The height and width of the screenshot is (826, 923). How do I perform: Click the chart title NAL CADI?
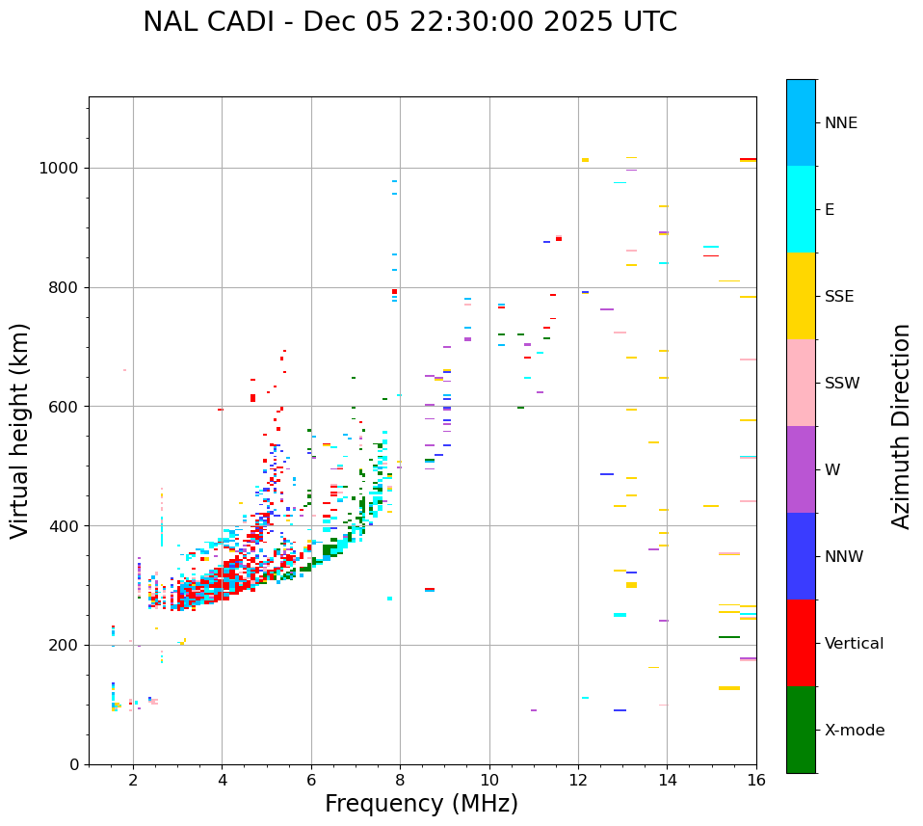tap(409, 22)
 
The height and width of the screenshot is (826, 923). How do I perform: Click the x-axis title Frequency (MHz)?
tap(421, 804)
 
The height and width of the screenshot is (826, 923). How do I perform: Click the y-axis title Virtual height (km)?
tap(20, 430)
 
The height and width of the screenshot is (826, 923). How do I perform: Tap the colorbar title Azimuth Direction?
tap(901, 425)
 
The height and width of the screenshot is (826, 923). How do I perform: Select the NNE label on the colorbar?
tap(840, 123)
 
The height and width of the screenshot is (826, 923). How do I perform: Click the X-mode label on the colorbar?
tap(854, 731)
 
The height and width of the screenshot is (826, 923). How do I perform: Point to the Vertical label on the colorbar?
tap(854, 644)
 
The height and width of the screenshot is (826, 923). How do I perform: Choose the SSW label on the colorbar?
tap(841, 384)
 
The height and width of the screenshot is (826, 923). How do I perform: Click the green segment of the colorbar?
tap(801, 730)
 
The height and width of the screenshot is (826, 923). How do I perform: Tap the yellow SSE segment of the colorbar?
tap(801, 296)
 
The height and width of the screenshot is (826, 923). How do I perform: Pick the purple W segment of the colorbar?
tap(801, 469)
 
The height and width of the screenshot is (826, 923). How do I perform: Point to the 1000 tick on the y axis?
tap(62, 168)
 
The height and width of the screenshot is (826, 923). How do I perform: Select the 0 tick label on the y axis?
tap(75, 764)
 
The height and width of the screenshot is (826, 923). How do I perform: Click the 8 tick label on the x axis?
tap(400, 780)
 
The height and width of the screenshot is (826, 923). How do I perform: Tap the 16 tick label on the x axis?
tap(756, 780)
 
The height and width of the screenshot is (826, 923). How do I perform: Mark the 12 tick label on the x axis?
tap(578, 780)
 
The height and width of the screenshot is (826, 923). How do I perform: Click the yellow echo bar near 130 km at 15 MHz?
tap(729, 688)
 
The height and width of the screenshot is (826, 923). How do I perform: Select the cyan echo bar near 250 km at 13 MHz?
tap(620, 615)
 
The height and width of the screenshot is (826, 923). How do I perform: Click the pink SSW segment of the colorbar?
tap(801, 383)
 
